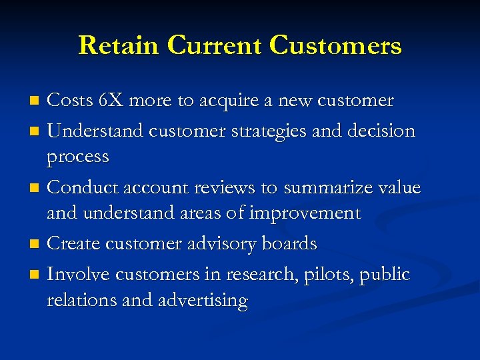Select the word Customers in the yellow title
(335, 45)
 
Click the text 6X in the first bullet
(111, 101)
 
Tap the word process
(77, 157)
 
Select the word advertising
(203, 301)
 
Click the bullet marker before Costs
(37, 101)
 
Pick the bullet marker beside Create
(37, 245)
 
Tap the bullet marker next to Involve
(37, 275)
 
